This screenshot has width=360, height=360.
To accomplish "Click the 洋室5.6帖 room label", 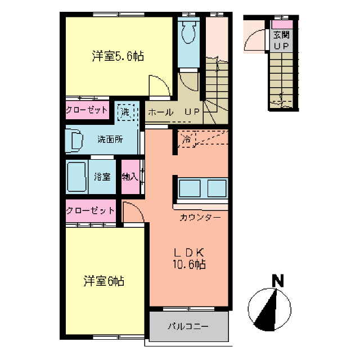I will click(x=118, y=56).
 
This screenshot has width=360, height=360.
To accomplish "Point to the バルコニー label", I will click(x=188, y=326).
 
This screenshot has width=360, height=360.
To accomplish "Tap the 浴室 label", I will click(x=102, y=176).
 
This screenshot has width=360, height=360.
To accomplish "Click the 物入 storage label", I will click(x=129, y=177).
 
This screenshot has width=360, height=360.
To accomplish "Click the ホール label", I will click(x=160, y=112).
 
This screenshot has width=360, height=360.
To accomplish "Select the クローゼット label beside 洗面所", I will click(x=87, y=110).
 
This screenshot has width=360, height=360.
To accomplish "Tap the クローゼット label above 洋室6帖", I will click(x=90, y=211).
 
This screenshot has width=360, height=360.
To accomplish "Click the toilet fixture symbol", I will click(x=188, y=33).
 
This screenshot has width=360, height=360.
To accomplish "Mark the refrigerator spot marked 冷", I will click(x=186, y=139).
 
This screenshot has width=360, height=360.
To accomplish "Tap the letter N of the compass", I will click(x=277, y=280).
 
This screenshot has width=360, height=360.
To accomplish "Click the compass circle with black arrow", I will click(x=269, y=309).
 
